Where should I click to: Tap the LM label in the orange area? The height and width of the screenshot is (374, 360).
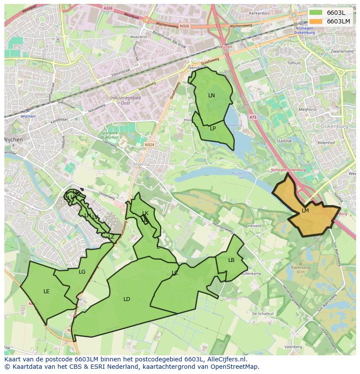[305, 211]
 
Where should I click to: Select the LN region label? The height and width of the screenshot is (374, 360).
[211, 96]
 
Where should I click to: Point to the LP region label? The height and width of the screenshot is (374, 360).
[213, 129]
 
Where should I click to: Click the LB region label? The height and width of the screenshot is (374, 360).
[231, 260]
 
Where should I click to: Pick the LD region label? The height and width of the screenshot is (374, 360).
[127, 299]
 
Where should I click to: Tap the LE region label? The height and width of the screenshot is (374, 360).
[47, 291]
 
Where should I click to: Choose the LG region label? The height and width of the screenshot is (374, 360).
[82, 272]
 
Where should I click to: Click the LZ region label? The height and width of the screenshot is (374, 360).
[111, 237]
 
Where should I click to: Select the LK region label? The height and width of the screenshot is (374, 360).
[145, 213]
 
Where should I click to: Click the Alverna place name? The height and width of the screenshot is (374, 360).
[141, 165]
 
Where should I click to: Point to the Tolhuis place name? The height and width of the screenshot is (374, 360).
[294, 63]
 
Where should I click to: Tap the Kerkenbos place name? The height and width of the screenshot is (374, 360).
[260, 13]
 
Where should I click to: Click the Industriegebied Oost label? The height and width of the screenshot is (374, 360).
[125, 100]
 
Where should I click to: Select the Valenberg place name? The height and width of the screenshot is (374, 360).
[293, 347]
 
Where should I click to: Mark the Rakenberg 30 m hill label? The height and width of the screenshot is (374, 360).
[297, 269]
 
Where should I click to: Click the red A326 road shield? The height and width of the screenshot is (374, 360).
[108, 8]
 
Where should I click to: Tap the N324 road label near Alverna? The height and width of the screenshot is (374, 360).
[150, 145]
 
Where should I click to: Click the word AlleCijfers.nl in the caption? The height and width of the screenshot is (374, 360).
[226, 359]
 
